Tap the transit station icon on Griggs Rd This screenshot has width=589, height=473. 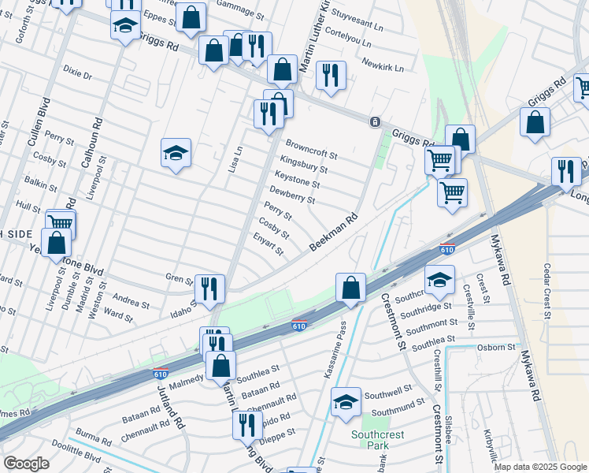375,122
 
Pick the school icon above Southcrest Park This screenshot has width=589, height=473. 345,401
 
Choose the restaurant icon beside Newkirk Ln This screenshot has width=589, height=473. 330,76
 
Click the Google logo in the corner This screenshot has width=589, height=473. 26,464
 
